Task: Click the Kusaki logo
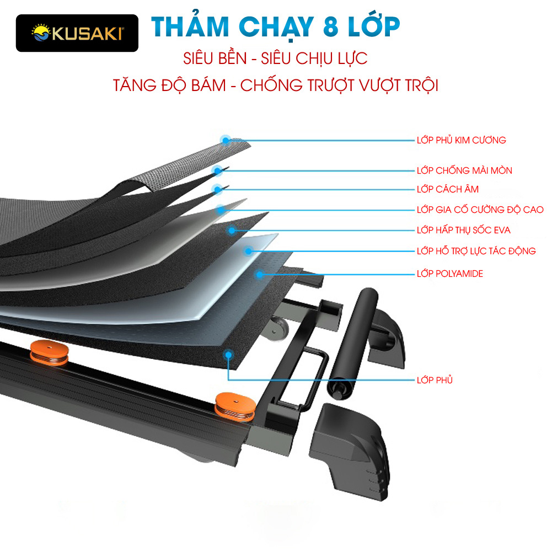tap(77, 33)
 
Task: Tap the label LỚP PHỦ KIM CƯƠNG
tap(461, 140)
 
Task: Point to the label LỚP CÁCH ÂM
tap(447, 189)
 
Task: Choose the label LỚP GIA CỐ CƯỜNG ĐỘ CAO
tap(480, 210)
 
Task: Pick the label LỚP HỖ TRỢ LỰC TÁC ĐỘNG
tap(476, 251)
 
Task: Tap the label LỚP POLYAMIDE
tap(449, 274)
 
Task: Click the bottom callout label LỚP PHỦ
tap(435, 380)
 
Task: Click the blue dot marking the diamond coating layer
tap(225, 140)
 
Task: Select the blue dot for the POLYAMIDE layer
tap(258, 274)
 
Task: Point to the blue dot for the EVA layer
tap(232, 230)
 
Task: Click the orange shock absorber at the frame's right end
tap(235, 406)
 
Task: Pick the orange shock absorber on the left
tap(49, 353)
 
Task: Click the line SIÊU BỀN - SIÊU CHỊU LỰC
tap(275, 59)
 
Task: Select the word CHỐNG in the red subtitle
tap(275, 85)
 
